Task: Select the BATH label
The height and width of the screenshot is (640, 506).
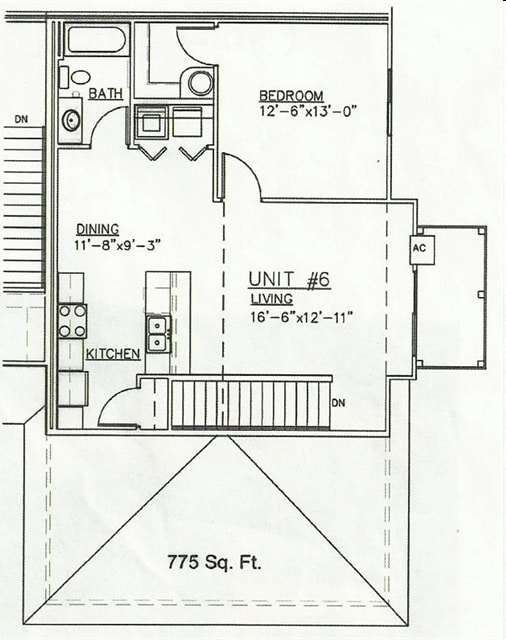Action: [x=106, y=93]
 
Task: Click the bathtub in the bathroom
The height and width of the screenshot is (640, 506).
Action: [x=96, y=40]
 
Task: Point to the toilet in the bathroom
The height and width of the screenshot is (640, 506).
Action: [x=78, y=76]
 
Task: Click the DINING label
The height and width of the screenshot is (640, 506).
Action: [x=97, y=229]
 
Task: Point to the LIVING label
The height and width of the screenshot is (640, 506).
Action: [x=272, y=299]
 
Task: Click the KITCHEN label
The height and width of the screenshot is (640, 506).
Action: [x=112, y=354]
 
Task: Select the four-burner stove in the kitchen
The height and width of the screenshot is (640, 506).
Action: [x=72, y=320]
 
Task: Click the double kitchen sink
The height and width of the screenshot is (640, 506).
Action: [x=158, y=332]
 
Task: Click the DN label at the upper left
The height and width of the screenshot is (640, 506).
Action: [x=21, y=119]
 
